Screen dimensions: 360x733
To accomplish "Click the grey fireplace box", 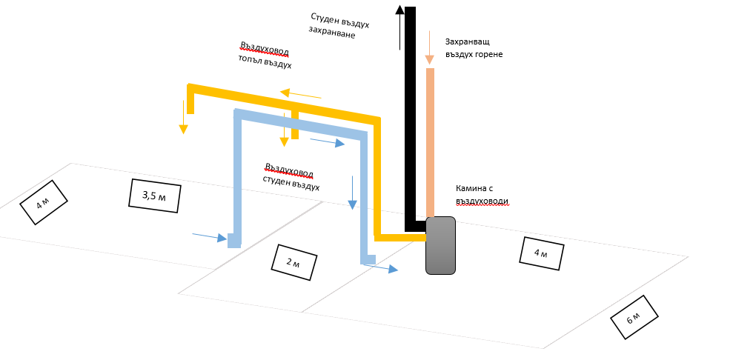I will pyautogui.click(x=440, y=245).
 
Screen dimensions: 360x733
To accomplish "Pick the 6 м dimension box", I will pyautogui.click(x=634, y=318).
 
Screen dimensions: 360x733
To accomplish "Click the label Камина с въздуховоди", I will pyautogui.click(x=482, y=195).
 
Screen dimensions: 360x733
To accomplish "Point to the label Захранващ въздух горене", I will pyautogui.click(x=474, y=48).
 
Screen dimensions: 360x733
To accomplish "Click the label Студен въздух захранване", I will pyautogui.click(x=339, y=25).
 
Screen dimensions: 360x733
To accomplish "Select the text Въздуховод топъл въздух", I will pyautogui.click(x=265, y=56).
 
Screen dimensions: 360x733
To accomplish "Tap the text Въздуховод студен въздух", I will pyautogui.click(x=291, y=177).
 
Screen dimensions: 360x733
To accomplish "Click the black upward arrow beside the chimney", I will pyautogui.click(x=400, y=27).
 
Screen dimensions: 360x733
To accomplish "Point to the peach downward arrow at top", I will pyautogui.click(x=429, y=48).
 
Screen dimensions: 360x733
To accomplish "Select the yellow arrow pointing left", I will pyautogui.click(x=300, y=94).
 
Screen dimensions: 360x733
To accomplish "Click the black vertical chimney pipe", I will pyautogui.click(x=410, y=119).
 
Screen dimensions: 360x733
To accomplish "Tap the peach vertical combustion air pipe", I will pyautogui.click(x=430, y=141).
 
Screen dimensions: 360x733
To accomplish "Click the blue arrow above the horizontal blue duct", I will pyautogui.click(x=327, y=141).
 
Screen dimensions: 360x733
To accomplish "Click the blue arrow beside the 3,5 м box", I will pyautogui.click(x=210, y=237).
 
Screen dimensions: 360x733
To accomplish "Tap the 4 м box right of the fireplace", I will pyautogui.click(x=542, y=254).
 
